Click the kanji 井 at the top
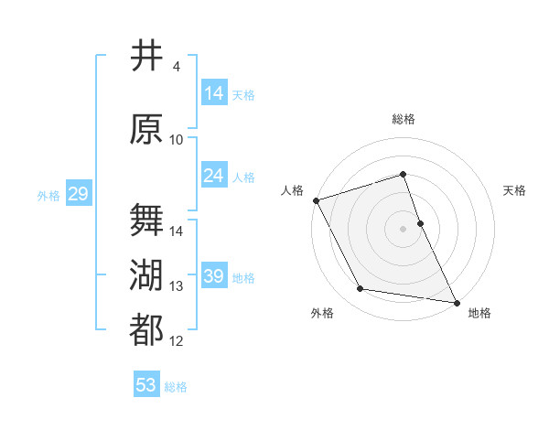146,56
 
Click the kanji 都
146,330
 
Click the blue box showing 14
214,93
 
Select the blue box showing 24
214,176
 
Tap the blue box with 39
214,276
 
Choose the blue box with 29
78,194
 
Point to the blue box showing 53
146,385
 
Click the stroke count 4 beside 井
176,67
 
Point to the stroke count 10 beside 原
177,140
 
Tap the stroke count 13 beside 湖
177,286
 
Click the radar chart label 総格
403,120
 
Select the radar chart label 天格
514,190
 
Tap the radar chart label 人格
292,190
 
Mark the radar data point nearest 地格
456,301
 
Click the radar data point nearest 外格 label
360,289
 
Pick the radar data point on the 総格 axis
403,174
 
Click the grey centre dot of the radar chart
403,228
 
